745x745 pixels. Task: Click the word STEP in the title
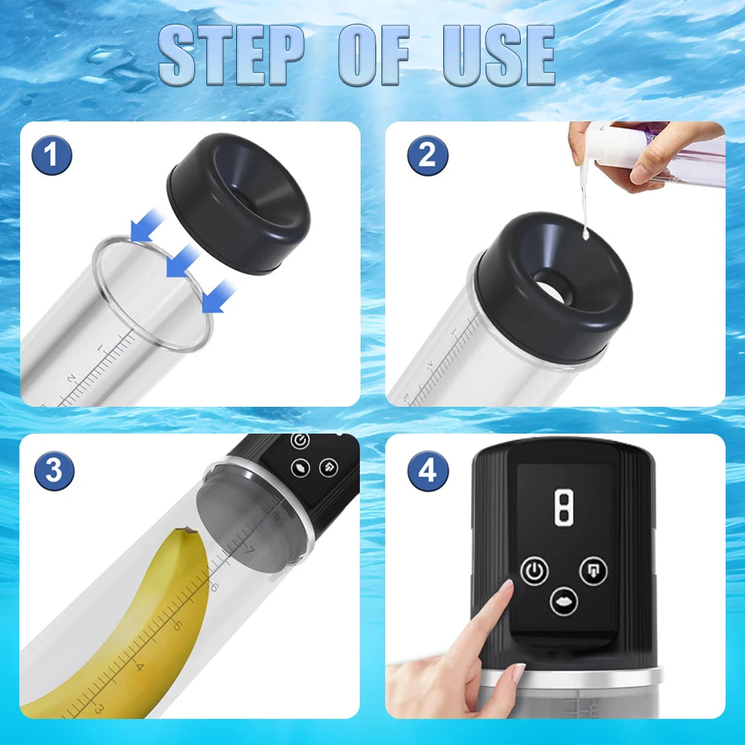[x=232, y=55]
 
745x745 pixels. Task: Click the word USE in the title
[x=499, y=55]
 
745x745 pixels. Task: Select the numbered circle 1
[x=52, y=156]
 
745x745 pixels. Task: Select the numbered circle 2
[x=428, y=156]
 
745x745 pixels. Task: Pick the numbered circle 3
[x=54, y=470]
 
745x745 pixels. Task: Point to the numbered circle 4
[x=428, y=470]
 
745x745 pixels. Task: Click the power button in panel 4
[x=534, y=571]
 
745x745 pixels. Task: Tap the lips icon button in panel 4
[x=563, y=601]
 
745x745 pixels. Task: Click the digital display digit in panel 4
[x=562, y=507]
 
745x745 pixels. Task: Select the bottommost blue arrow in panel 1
[x=218, y=297]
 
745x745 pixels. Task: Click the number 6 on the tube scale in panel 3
[x=214, y=587]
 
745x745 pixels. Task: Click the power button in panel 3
[x=299, y=441]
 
